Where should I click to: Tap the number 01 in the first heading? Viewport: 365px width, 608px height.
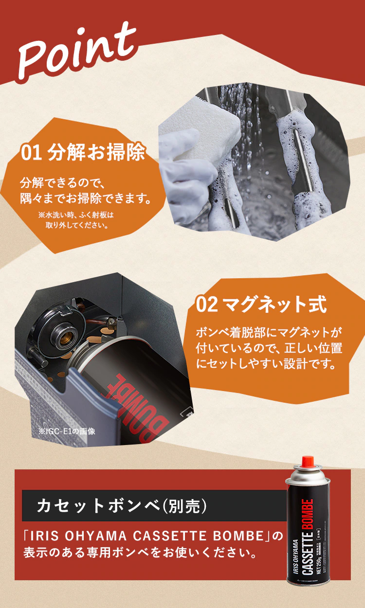click(32, 153)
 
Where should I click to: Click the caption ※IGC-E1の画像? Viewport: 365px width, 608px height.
click(67, 431)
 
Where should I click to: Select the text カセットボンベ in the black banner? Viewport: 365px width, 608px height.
click(98, 506)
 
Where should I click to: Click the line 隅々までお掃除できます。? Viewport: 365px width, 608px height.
click(85, 199)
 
